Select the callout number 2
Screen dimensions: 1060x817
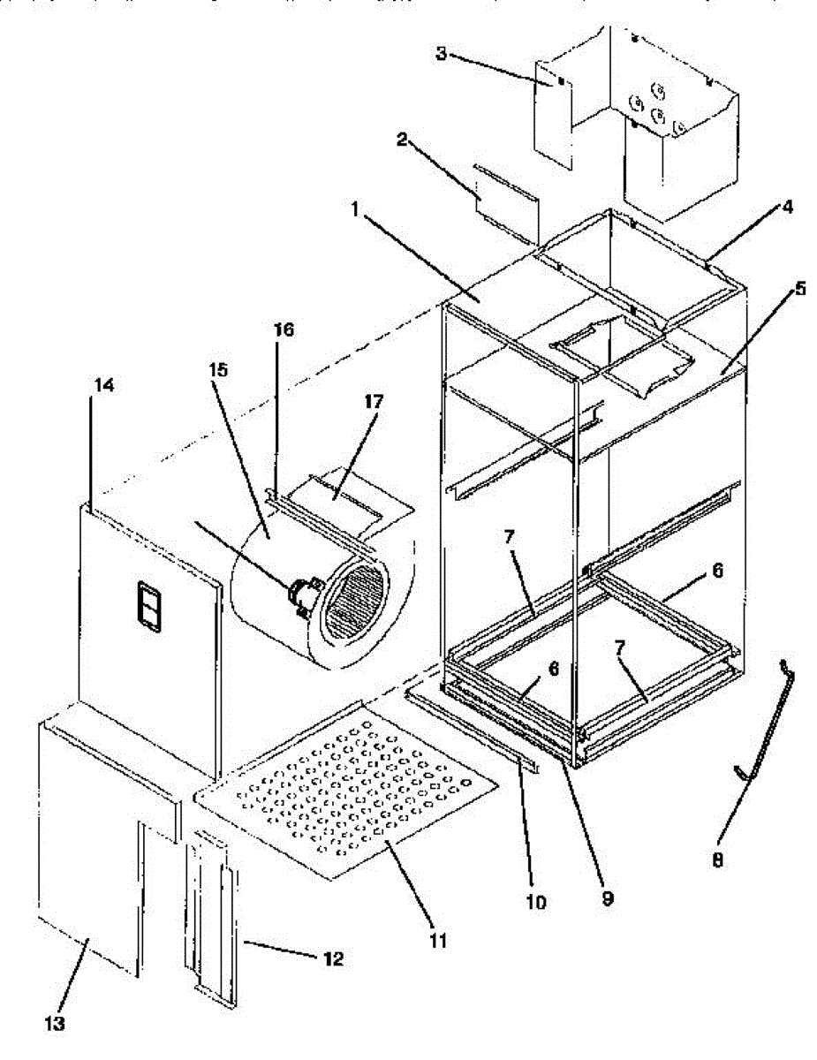(401, 139)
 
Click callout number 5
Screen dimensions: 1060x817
(799, 288)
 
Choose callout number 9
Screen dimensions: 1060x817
(607, 899)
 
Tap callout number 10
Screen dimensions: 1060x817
(538, 903)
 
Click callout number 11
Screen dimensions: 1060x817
(438, 942)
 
